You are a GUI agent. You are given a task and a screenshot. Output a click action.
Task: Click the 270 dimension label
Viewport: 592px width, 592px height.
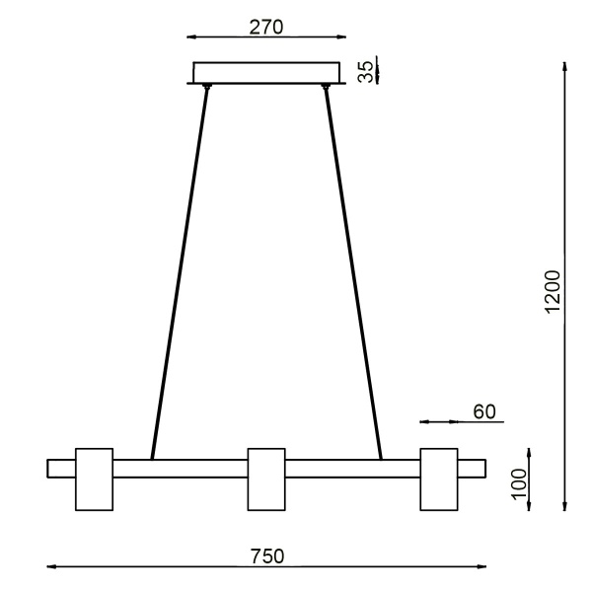tap(266, 27)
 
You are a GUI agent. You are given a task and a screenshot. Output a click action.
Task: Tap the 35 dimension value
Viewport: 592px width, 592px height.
tap(365, 72)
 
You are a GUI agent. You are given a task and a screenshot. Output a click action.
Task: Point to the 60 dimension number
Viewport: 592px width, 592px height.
tap(482, 411)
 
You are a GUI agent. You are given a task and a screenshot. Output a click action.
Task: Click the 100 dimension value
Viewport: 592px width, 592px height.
tap(520, 483)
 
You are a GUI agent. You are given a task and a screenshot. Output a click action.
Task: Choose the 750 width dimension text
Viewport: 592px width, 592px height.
tap(266, 555)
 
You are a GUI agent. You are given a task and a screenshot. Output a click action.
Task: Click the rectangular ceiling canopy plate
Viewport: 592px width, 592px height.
tap(266, 73)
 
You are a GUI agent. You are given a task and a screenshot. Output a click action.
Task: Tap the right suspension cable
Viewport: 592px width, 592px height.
tap(352, 271)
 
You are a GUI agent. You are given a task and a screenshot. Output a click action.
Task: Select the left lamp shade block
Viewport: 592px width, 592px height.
tap(95, 480)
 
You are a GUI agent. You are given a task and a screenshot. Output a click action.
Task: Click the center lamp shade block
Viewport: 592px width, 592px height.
tap(266, 480)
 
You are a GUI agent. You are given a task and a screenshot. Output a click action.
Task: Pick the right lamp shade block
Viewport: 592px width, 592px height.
tap(438, 480)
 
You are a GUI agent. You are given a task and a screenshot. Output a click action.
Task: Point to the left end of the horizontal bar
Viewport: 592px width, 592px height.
tap(51, 468)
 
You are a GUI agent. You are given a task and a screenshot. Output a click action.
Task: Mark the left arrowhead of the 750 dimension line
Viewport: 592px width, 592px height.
tap(51, 566)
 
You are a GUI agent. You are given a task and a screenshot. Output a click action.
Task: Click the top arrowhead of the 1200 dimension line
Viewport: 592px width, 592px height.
tap(563, 67)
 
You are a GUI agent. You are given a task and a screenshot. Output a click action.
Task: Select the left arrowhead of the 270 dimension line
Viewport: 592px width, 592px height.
tap(190, 38)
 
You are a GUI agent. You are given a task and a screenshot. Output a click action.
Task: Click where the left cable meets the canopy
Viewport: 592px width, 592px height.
tap(206, 89)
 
